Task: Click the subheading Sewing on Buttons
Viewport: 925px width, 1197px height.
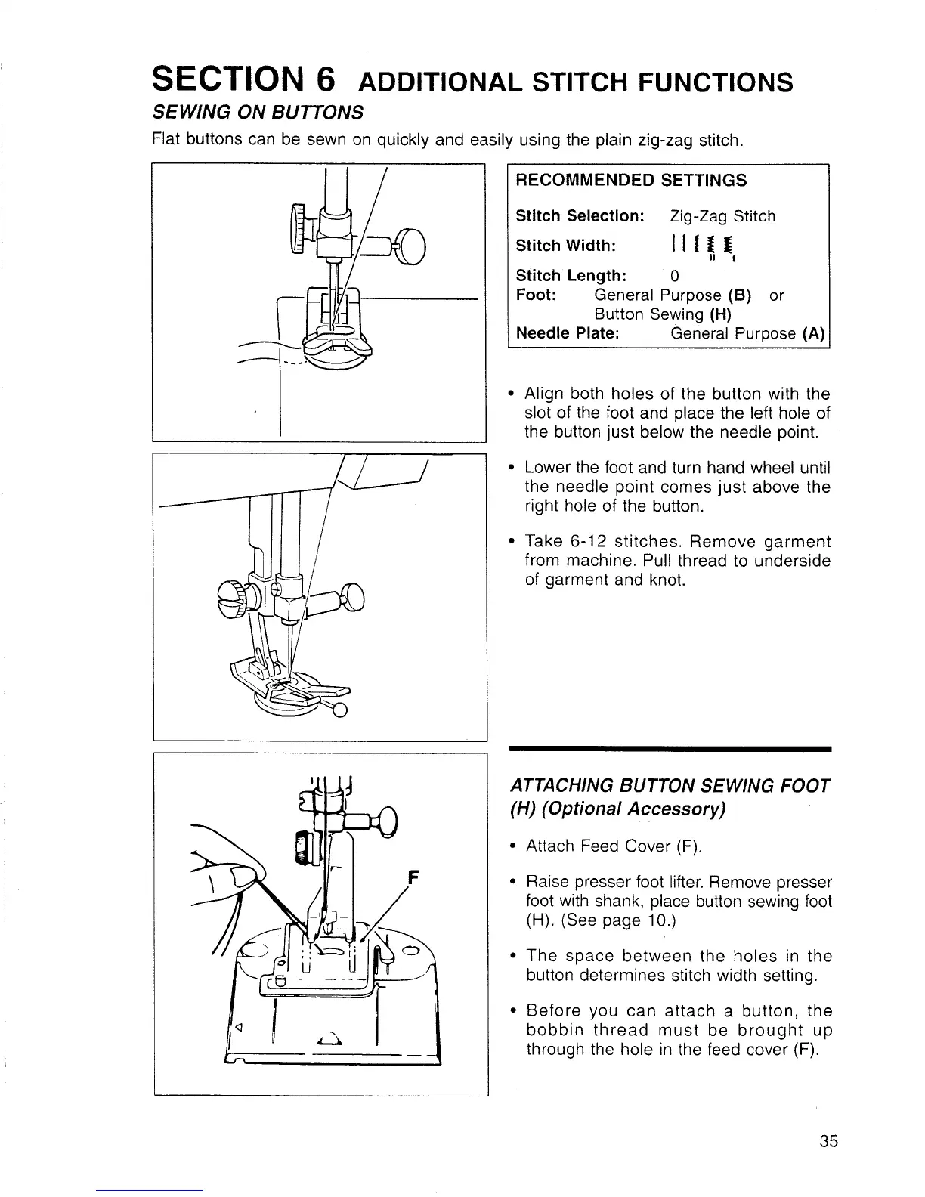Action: (258, 113)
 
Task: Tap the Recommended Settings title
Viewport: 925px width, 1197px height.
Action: (630, 180)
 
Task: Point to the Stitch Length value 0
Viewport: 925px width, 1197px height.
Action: (675, 275)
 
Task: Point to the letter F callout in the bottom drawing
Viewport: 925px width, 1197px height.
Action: (413, 878)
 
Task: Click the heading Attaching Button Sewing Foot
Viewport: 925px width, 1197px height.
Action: (670, 786)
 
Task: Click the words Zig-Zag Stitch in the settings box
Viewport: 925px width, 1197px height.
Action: (722, 216)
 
